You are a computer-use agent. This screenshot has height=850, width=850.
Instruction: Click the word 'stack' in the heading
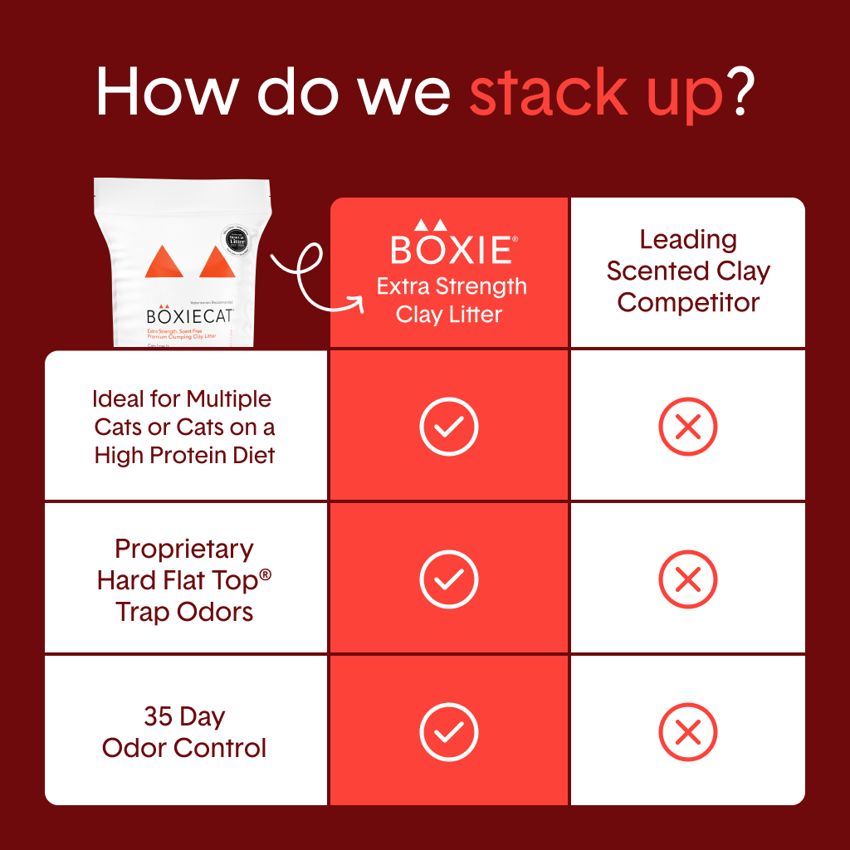pyautogui.click(x=549, y=93)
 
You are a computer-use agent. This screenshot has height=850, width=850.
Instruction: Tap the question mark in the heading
pyautogui.click(x=740, y=93)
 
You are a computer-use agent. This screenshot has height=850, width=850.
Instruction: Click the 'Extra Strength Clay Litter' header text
pyautogui.click(x=452, y=300)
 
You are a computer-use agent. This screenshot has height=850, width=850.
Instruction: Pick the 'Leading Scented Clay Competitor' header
pyautogui.click(x=688, y=271)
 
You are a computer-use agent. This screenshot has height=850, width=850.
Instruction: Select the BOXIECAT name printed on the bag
pyautogui.click(x=190, y=316)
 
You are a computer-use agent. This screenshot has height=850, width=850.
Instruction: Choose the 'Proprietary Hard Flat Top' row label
pyautogui.click(x=184, y=580)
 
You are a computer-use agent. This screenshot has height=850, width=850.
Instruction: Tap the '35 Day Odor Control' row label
pyautogui.click(x=184, y=732)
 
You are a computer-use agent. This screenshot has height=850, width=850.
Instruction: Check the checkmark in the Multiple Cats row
pyautogui.click(x=449, y=427)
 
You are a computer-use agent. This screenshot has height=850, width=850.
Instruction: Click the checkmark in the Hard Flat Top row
pyautogui.click(x=449, y=579)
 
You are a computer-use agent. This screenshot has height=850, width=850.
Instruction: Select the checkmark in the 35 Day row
pyautogui.click(x=449, y=732)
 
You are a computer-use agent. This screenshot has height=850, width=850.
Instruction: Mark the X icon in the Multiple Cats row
pyautogui.click(x=687, y=427)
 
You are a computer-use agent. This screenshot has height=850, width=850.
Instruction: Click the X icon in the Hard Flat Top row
pyautogui.click(x=687, y=579)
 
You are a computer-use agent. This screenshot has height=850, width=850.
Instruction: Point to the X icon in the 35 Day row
pyautogui.click(x=687, y=732)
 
